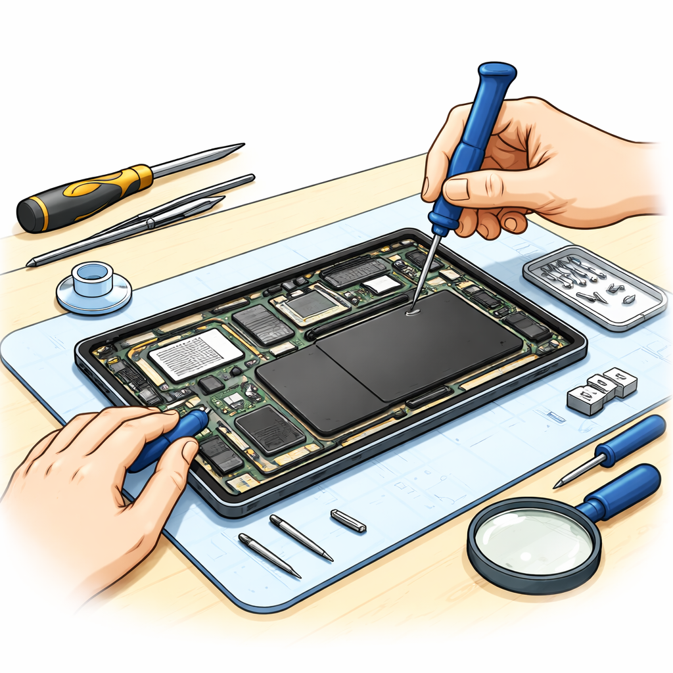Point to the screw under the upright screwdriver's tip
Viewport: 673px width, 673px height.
(x=413, y=313)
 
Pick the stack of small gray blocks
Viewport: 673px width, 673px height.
(x=603, y=391)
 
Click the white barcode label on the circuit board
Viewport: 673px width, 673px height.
(x=196, y=354)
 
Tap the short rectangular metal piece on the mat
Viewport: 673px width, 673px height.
(x=348, y=520)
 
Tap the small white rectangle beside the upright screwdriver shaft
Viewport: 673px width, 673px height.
(x=381, y=283)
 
